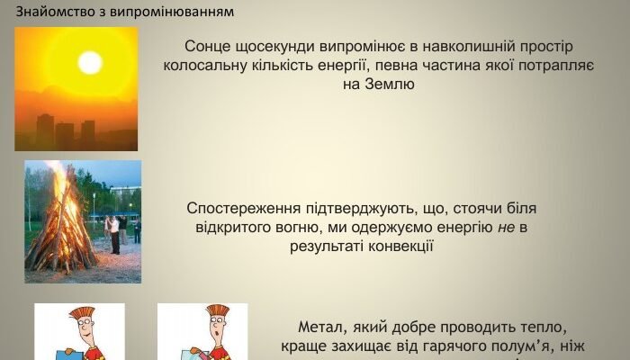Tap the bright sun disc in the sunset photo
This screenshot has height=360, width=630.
click(89, 62)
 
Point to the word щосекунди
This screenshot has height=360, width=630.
click(278, 47)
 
